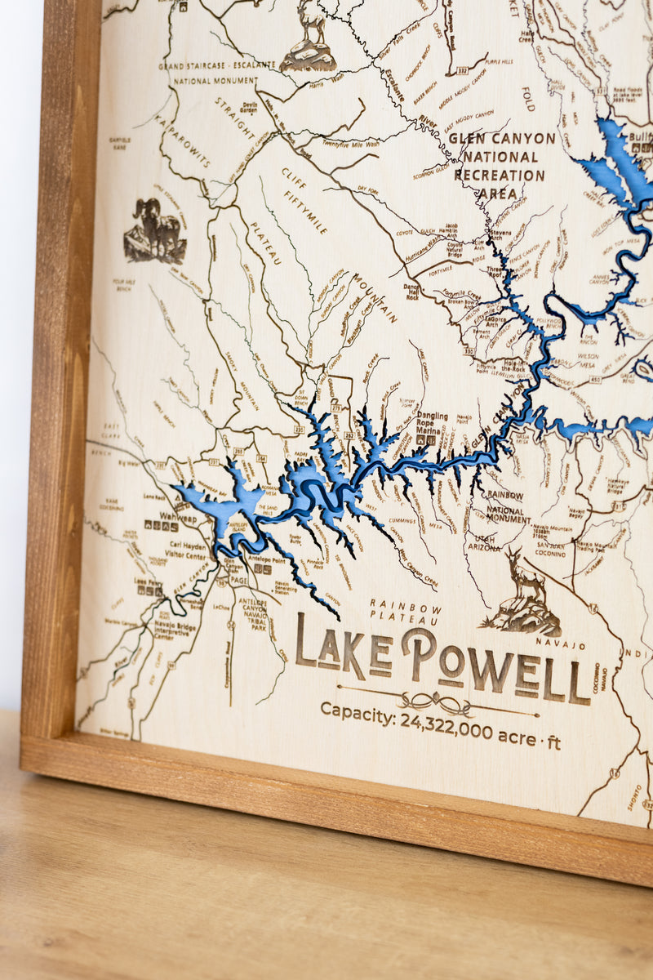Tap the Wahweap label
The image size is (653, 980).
tap(178, 517)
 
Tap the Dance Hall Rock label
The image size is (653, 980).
tap(412, 291)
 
